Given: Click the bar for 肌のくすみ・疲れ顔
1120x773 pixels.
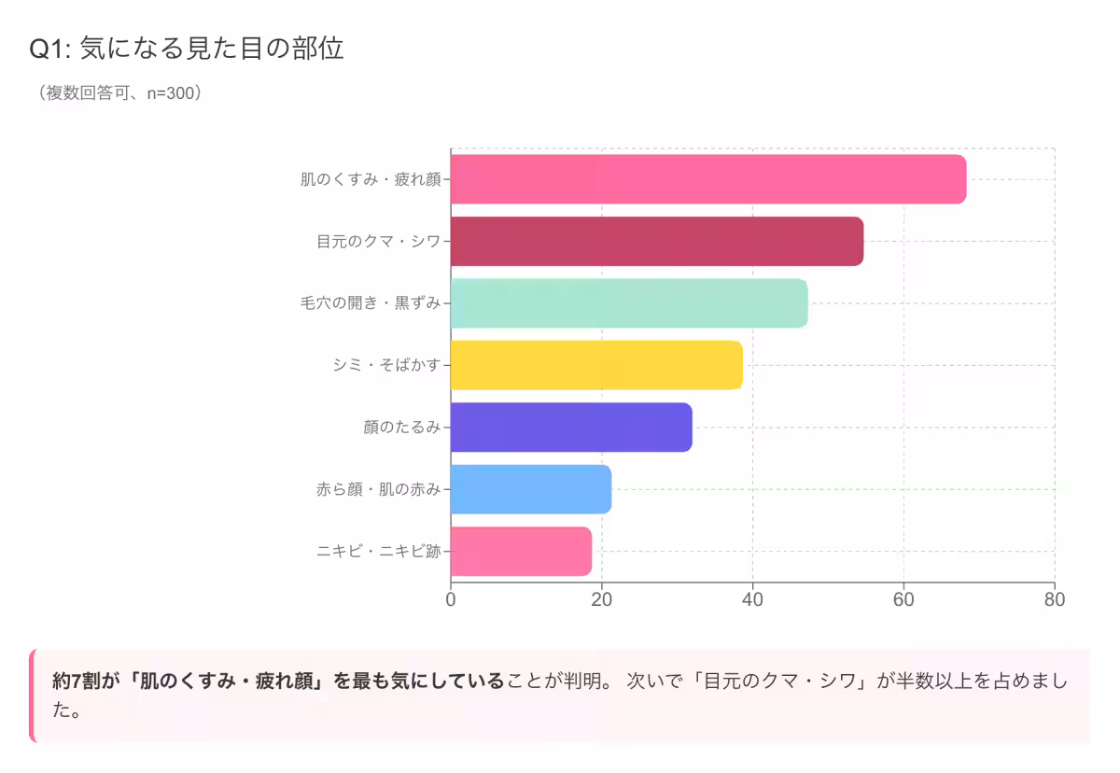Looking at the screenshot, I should point(707,179).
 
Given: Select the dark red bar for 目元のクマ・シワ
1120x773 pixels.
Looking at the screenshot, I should point(656,241).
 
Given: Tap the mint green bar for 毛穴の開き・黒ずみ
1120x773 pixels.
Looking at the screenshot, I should point(628,303).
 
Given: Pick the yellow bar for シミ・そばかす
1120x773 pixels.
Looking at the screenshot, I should point(596,365).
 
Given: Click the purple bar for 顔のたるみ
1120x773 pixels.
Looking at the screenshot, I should point(571,428).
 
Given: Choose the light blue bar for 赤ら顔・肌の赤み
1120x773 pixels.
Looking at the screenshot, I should point(530,489).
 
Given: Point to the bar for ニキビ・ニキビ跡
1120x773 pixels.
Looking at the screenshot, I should point(521,552).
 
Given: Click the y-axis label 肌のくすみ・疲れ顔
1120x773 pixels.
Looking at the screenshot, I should point(370,179).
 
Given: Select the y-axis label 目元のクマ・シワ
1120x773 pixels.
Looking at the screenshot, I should point(378,241).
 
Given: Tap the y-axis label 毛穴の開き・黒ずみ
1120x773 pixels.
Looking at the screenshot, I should point(370,303).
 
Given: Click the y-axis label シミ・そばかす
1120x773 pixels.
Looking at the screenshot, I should point(386,365).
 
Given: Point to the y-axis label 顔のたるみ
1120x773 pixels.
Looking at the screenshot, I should point(401,428).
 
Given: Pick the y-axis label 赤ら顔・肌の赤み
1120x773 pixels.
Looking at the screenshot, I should point(378,489).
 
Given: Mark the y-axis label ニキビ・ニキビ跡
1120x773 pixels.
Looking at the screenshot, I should point(378,552).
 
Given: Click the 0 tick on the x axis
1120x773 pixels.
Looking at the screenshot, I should point(451,599).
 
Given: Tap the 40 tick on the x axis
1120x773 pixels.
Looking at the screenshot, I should point(752,599).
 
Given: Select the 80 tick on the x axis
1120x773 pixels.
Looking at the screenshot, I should point(1055,599).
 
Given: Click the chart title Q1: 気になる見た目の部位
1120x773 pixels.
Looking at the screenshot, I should point(187,49).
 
